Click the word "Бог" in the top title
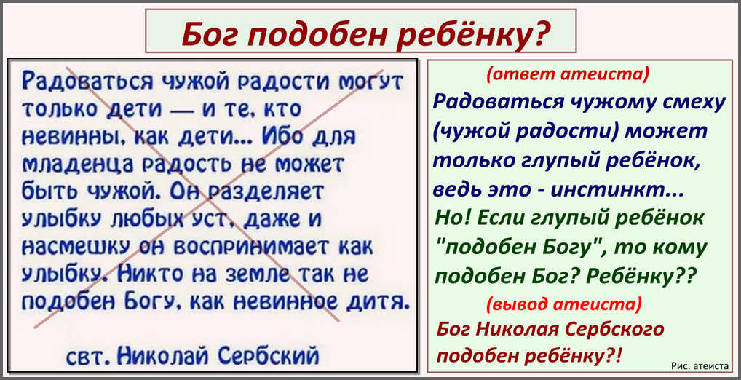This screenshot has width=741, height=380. pos(210,34)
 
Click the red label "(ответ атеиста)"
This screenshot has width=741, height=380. pos(568,74)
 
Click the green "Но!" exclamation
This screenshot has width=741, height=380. pos(452,218)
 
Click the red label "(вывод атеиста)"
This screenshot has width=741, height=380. pos(564,304)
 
